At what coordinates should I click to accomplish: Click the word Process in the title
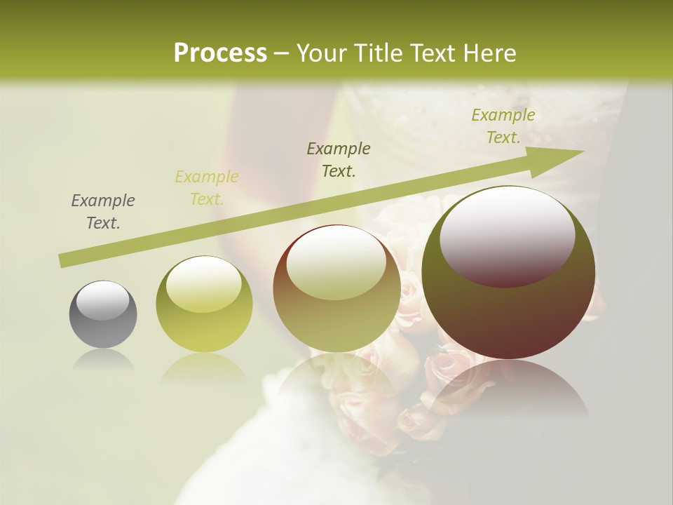click(x=220, y=53)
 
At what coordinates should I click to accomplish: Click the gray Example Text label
click(x=103, y=212)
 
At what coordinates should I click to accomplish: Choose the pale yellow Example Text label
click(x=207, y=188)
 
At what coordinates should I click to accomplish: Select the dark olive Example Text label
click(x=339, y=160)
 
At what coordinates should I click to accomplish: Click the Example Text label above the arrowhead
click(x=503, y=126)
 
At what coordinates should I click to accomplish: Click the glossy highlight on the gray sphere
click(x=103, y=300)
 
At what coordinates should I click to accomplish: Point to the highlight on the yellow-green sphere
click(x=203, y=283)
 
